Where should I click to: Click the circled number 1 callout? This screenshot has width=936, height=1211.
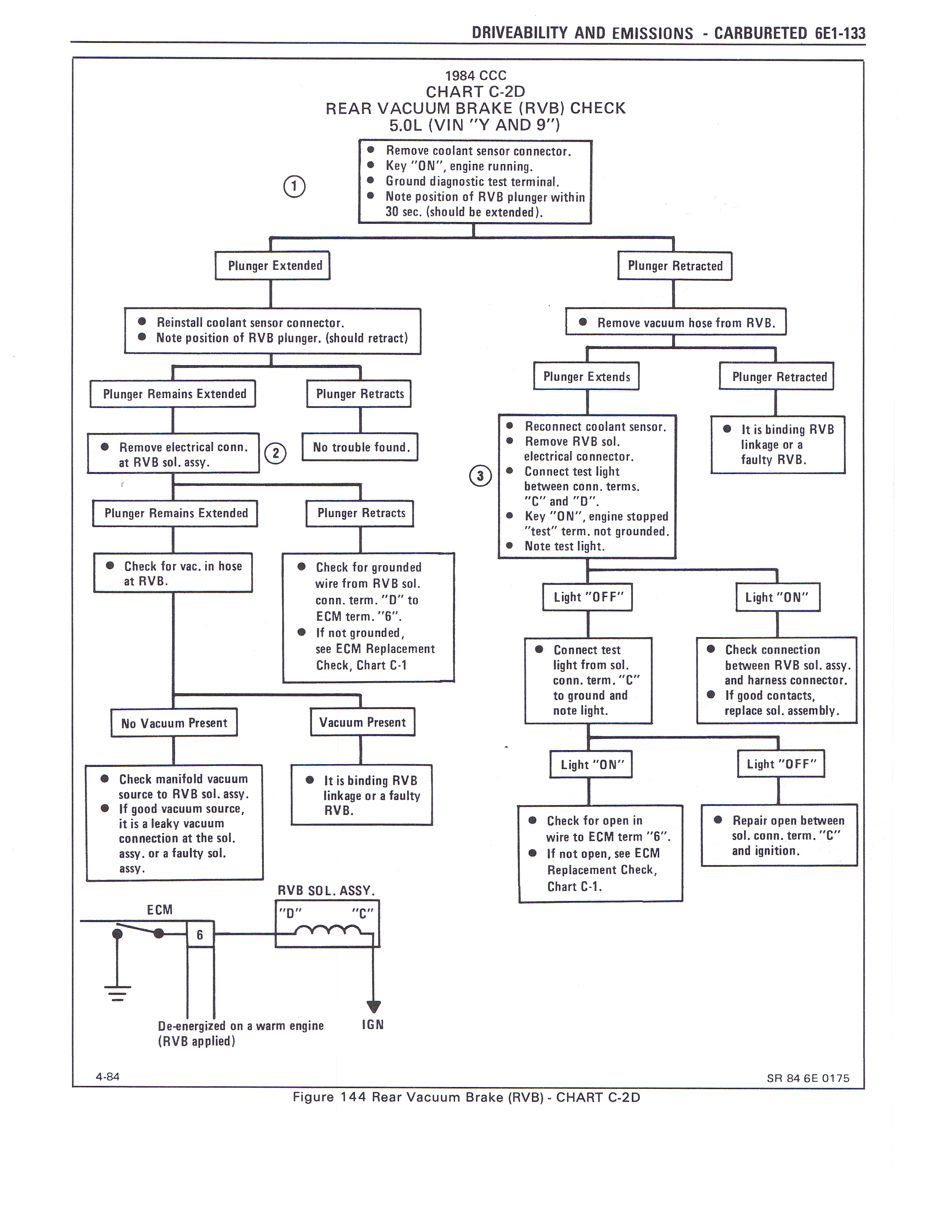[294, 187]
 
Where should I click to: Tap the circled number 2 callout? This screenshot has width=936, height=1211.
[276, 454]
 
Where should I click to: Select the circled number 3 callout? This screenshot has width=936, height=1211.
[480, 476]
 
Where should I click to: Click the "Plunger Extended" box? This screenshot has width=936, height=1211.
[272, 266]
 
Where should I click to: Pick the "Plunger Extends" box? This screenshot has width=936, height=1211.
[586, 377]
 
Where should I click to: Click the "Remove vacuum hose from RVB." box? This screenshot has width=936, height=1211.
[675, 322]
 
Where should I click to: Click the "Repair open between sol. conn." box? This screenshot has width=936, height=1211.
[779, 835]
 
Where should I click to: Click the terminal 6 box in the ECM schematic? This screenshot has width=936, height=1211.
[200, 935]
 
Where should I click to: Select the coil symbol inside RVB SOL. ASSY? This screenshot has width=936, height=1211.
[327, 930]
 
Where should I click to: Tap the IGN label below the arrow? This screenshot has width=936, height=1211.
[373, 1024]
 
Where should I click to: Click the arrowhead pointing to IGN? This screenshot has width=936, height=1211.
[374, 1006]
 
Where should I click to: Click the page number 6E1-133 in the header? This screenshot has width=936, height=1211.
[840, 33]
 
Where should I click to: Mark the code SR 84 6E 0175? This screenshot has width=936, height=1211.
[808, 1079]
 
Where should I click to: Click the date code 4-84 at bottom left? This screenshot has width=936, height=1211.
[108, 1077]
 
